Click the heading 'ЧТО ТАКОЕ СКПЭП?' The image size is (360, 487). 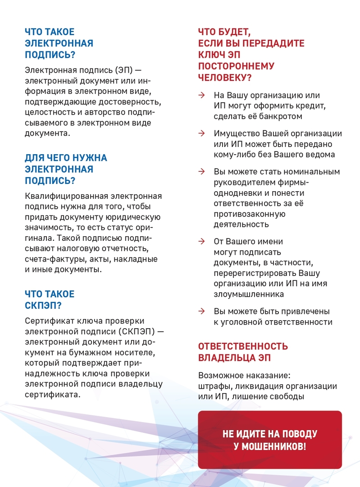[50, 300]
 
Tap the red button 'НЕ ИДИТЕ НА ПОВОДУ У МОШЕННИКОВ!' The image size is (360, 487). [270, 440]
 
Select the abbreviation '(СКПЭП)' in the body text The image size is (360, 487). [137, 331]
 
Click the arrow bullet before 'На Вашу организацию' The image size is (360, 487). [202, 96]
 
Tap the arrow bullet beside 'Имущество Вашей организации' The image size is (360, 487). [202, 134]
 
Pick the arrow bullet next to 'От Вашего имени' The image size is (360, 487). [202, 242]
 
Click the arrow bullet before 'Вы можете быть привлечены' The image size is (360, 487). [202, 312]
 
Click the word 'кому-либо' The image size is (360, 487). [233, 155]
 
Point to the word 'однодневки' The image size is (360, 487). [237, 193]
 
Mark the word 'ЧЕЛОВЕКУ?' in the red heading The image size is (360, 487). [225, 78]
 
